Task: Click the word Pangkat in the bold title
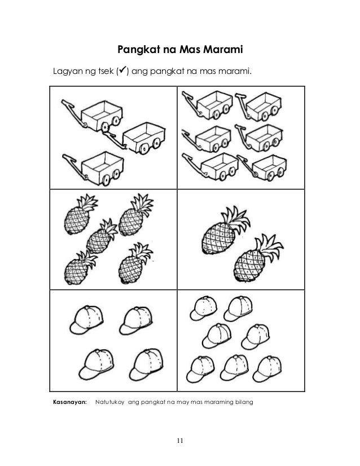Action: tap(135, 52)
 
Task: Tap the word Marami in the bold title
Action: tap(223, 52)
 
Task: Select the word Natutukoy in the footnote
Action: tap(110, 402)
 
